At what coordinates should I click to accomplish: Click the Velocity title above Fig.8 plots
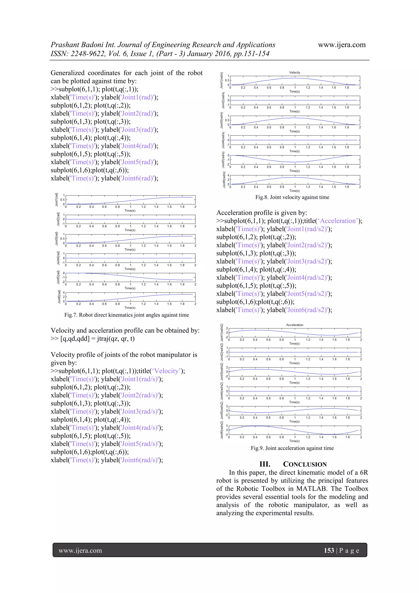[295, 73]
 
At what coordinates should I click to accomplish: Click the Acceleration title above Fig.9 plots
[295, 325]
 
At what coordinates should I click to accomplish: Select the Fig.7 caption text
[126, 315]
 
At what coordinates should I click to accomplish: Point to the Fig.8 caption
[292, 197]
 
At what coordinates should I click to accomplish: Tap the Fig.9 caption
[292, 448]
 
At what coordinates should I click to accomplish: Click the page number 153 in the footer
[329, 550]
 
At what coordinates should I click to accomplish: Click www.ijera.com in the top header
[341, 45]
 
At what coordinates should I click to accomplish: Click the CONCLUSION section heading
[305, 464]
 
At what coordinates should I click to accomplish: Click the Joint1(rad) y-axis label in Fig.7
[56, 200]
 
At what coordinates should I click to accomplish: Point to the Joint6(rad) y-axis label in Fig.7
[59, 297]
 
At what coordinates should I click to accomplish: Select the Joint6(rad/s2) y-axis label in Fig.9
[222, 430]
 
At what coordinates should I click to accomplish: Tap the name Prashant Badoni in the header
[77, 45]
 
